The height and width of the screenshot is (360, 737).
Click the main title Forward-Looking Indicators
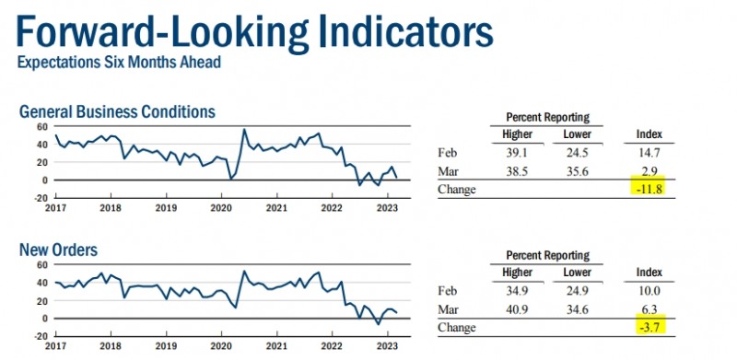pyautogui.click(x=255, y=32)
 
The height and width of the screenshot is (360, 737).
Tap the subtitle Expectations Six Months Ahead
pyautogui.click(x=119, y=62)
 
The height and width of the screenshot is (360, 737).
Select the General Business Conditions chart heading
pyautogui.click(x=117, y=111)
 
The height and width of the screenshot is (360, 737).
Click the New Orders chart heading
pyautogui.click(x=58, y=250)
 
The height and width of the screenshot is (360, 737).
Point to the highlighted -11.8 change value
pyautogui.click(x=649, y=190)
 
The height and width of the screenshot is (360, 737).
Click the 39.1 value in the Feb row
pyautogui.click(x=517, y=153)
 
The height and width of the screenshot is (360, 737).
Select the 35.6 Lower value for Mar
pyautogui.click(x=577, y=171)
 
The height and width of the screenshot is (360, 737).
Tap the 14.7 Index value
pyautogui.click(x=649, y=153)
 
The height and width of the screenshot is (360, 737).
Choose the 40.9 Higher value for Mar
pyautogui.click(x=517, y=309)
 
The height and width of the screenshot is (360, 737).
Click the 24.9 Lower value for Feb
pyautogui.click(x=577, y=291)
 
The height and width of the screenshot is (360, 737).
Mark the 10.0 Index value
pyautogui.click(x=649, y=291)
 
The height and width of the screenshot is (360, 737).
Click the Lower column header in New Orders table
pyautogui.click(x=578, y=273)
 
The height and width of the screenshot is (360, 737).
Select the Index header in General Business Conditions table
pyautogui.click(x=649, y=134)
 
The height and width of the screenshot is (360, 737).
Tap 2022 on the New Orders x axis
pyautogui.click(x=332, y=345)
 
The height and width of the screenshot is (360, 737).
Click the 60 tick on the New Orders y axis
pyautogui.click(x=42, y=264)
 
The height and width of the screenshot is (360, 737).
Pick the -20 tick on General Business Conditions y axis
pyautogui.click(x=41, y=197)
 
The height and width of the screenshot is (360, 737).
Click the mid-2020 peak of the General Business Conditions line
pyautogui.click(x=244, y=129)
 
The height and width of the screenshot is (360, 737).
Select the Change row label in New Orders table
pyautogui.click(x=456, y=328)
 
